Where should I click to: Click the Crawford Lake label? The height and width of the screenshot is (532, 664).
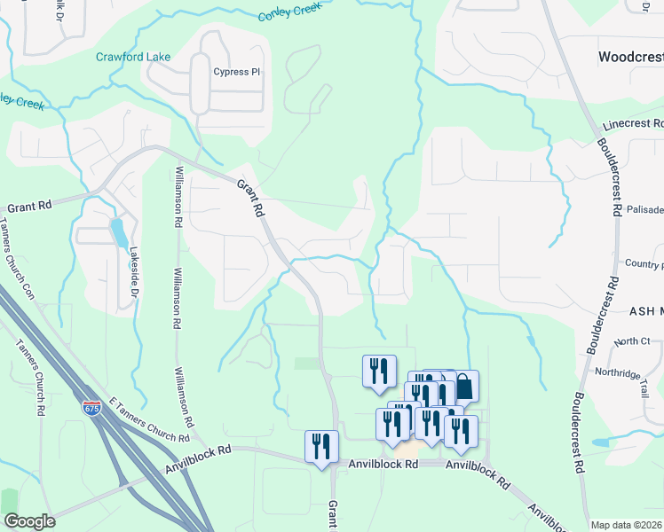click(133, 57)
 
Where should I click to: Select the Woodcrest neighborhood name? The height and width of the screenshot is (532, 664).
click(630, 57)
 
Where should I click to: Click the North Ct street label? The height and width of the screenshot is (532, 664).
click(631, 341)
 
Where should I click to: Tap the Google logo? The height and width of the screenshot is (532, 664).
click(29, 521)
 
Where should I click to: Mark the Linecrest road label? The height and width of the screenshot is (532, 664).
click(633, 126)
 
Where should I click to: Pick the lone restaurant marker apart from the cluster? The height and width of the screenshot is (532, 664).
click(379, 370)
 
